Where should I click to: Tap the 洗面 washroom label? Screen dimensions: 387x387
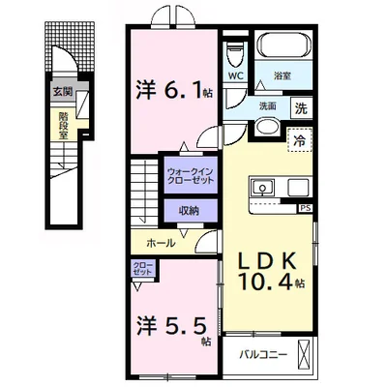tap(265, 106)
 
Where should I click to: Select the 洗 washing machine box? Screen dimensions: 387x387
tap(302, 109)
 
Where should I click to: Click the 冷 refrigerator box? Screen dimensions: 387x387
tap(300, 139)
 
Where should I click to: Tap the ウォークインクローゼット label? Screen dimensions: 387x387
tap(190, 176)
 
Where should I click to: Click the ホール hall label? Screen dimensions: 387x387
tap(161, 242)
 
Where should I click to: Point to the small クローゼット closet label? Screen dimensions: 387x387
tap(140, 269)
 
